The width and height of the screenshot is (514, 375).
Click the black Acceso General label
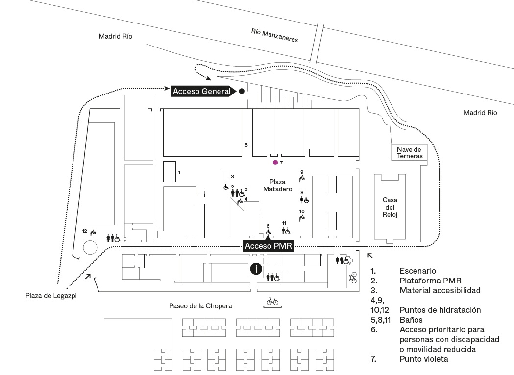(201, 91)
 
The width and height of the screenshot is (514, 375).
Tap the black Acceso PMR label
(269, 246)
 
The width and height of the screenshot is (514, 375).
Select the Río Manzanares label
(274, 35)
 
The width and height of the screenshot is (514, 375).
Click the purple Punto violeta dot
(275, 162)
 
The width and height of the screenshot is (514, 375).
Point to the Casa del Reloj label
(390, 207)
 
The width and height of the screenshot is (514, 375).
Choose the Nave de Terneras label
(409, 152)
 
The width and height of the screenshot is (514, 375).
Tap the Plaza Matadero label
(277, 186)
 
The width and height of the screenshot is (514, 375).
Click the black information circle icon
(256, 268)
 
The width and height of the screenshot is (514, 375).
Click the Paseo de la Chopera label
(200, 306)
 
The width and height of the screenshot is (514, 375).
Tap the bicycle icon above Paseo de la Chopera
(272, 301)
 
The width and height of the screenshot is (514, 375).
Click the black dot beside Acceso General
(242, 91)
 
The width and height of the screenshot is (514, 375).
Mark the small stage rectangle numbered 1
(169, 171)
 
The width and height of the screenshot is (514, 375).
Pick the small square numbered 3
(226, 176)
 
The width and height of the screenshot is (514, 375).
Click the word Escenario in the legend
(418, 271)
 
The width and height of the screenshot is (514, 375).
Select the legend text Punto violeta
(424, 359)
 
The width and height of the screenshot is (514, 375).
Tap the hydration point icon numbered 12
(93, 233)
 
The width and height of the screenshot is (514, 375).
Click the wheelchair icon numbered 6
(268, 232)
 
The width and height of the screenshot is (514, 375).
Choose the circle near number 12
(90, 248)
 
